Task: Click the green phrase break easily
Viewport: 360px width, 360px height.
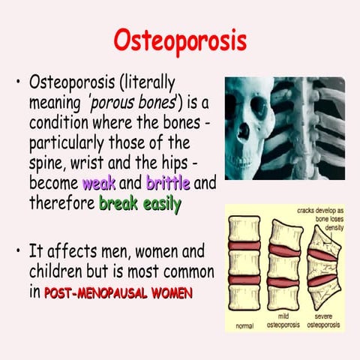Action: click(139, 203)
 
